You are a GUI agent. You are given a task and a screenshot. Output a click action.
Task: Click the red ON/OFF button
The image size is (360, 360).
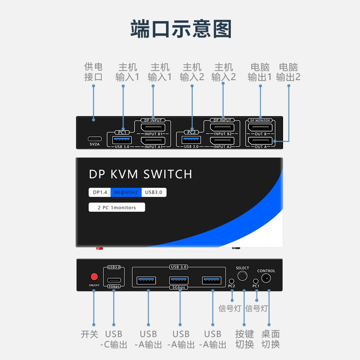[94, 276]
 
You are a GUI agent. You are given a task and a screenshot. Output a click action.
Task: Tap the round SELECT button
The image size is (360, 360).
[242, 276]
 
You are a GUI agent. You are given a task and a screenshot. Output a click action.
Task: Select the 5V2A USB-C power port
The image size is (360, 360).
[94, 138]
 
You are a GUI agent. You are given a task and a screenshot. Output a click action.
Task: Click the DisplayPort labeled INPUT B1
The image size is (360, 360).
[153, 127]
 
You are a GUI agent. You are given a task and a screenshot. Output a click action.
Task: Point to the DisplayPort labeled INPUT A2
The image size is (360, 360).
[223, 140]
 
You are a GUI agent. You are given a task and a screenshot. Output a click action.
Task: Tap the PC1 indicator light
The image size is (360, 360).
[256, 280]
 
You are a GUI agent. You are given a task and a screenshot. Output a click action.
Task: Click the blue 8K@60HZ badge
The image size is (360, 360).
[126, 193]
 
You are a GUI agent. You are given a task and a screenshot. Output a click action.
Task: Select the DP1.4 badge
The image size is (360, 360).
[100, 193]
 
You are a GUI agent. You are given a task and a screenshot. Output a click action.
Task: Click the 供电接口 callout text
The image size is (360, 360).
[93, 72]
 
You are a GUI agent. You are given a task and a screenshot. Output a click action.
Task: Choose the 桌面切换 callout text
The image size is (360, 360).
[270, 339]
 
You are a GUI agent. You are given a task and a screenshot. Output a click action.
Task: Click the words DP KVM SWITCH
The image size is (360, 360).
[140, 174]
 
